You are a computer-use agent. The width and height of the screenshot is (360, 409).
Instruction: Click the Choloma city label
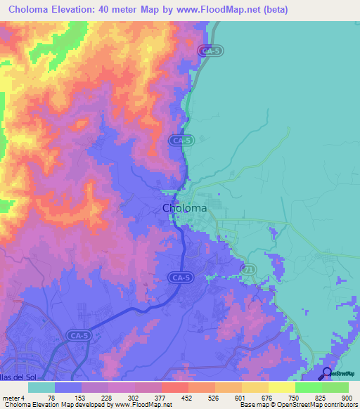(x=184, y=208)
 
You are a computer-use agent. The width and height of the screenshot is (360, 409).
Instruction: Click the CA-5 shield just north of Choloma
(x=179, y=141)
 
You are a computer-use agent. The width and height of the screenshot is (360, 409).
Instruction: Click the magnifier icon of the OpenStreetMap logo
(x=327, y=372)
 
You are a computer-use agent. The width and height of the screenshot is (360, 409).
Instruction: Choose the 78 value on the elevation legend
(x=51, y=397)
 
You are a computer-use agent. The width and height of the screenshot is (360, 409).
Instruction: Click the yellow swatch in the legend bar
(x=282, y=387)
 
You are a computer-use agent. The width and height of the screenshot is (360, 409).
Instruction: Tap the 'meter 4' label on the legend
(x=13, y=397)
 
